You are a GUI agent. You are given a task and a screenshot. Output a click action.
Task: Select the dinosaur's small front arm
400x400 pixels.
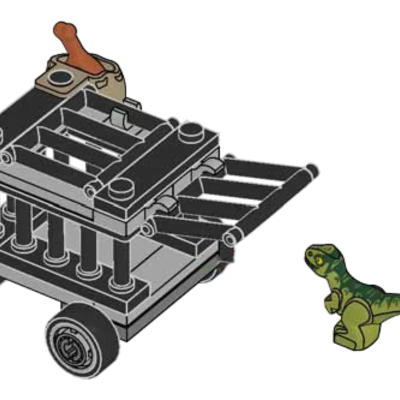tap(331, 299)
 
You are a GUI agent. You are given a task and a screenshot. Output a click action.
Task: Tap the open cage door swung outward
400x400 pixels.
tap(235, 200)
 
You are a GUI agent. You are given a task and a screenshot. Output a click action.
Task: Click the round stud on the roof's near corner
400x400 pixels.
tap(119, 187)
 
